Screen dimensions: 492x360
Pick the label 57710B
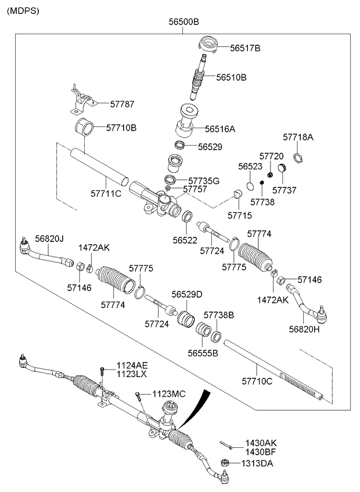point(121,126)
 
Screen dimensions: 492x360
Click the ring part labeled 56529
point(181,145)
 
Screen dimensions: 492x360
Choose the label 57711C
point(106,193)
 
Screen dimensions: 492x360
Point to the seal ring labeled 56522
point(188,218)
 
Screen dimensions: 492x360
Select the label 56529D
point(186,295)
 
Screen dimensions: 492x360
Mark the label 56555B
point(203,352)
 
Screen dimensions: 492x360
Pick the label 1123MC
point(169,394)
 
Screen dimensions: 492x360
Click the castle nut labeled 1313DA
point(225,463)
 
